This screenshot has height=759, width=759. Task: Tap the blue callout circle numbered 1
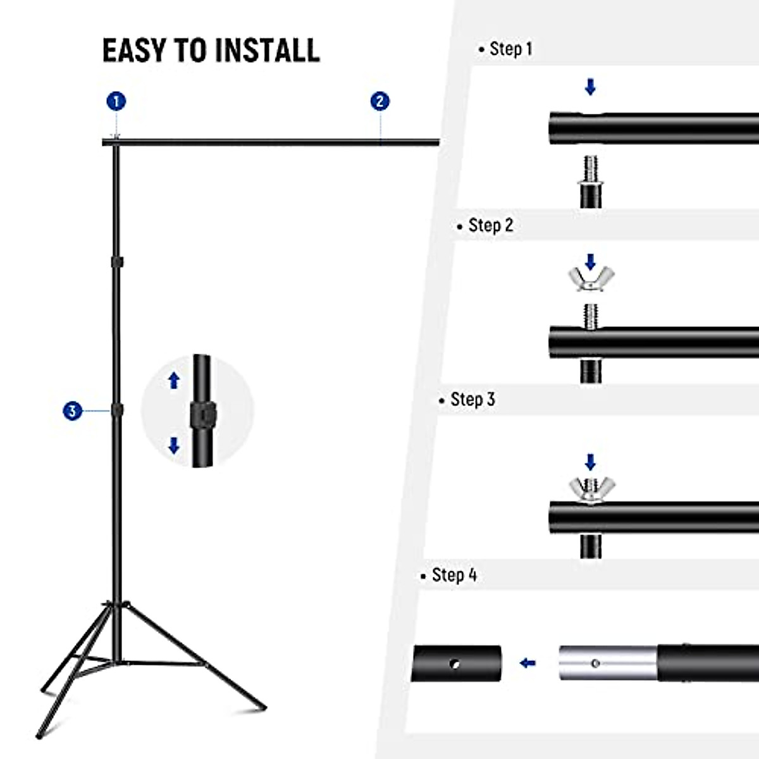pyautogui.click(x=116, y=101)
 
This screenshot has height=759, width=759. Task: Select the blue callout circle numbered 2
pyautogui.click(x=379, y=101)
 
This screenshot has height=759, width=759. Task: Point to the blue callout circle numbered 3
pyautogui.click(x=73, y=411)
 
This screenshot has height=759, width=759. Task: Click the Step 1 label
pyautogui.click(x=510, y=49)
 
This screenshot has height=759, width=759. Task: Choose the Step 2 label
pyautogui.click(x=490, y=225)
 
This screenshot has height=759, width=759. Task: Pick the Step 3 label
pyautogui.click(x=472, y=400)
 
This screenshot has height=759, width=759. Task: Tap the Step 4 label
pyautogui.click(x=454, y=575)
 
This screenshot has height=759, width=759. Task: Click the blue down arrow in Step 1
pyautogui.click(x=590, y=87)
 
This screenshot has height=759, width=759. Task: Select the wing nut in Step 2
pyautogui.click(x=591, y=279)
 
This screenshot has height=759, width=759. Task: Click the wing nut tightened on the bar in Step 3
pyautogui.click(x=591, y=489)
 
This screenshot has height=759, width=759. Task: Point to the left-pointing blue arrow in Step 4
pyautogui.click(x=528, y=663)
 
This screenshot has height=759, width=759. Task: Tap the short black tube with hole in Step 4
pyautogui.click(x=457, y=663)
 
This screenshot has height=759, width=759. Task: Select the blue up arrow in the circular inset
pyautogui.click(x=174, y=380)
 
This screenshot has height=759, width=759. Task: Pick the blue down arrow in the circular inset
pyautogui.click(x=174, y=446)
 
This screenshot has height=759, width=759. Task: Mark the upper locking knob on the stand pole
pyautogui.click(x=117, y=261)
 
